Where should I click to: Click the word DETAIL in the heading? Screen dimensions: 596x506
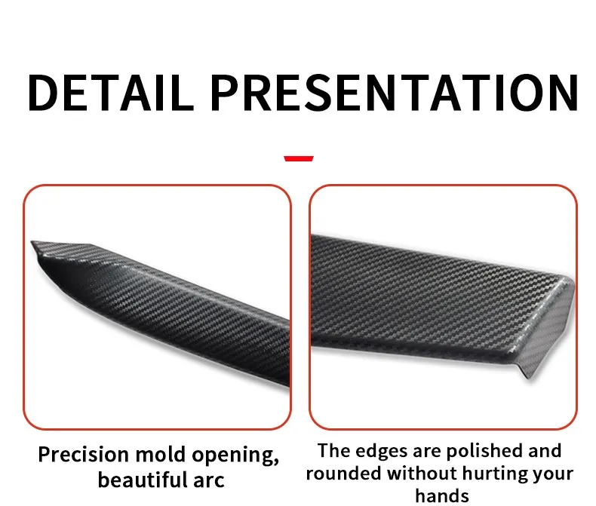tap(110, 93)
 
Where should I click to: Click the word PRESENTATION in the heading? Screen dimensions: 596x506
tap(394, 93)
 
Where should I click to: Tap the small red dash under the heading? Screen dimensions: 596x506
tap(299, 158)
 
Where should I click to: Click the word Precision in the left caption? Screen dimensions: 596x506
tap(84, 455)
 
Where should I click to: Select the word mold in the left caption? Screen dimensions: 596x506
tap(161, 454)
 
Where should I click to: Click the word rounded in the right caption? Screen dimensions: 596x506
tap(343, 474)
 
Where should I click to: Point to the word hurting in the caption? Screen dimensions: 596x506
tap(494, 475)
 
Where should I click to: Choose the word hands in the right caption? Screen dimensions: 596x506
tap(442, 496)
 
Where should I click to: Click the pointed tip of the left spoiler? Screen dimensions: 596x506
tap(32, 242)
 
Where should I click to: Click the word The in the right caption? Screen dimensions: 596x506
tap(333, 451)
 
